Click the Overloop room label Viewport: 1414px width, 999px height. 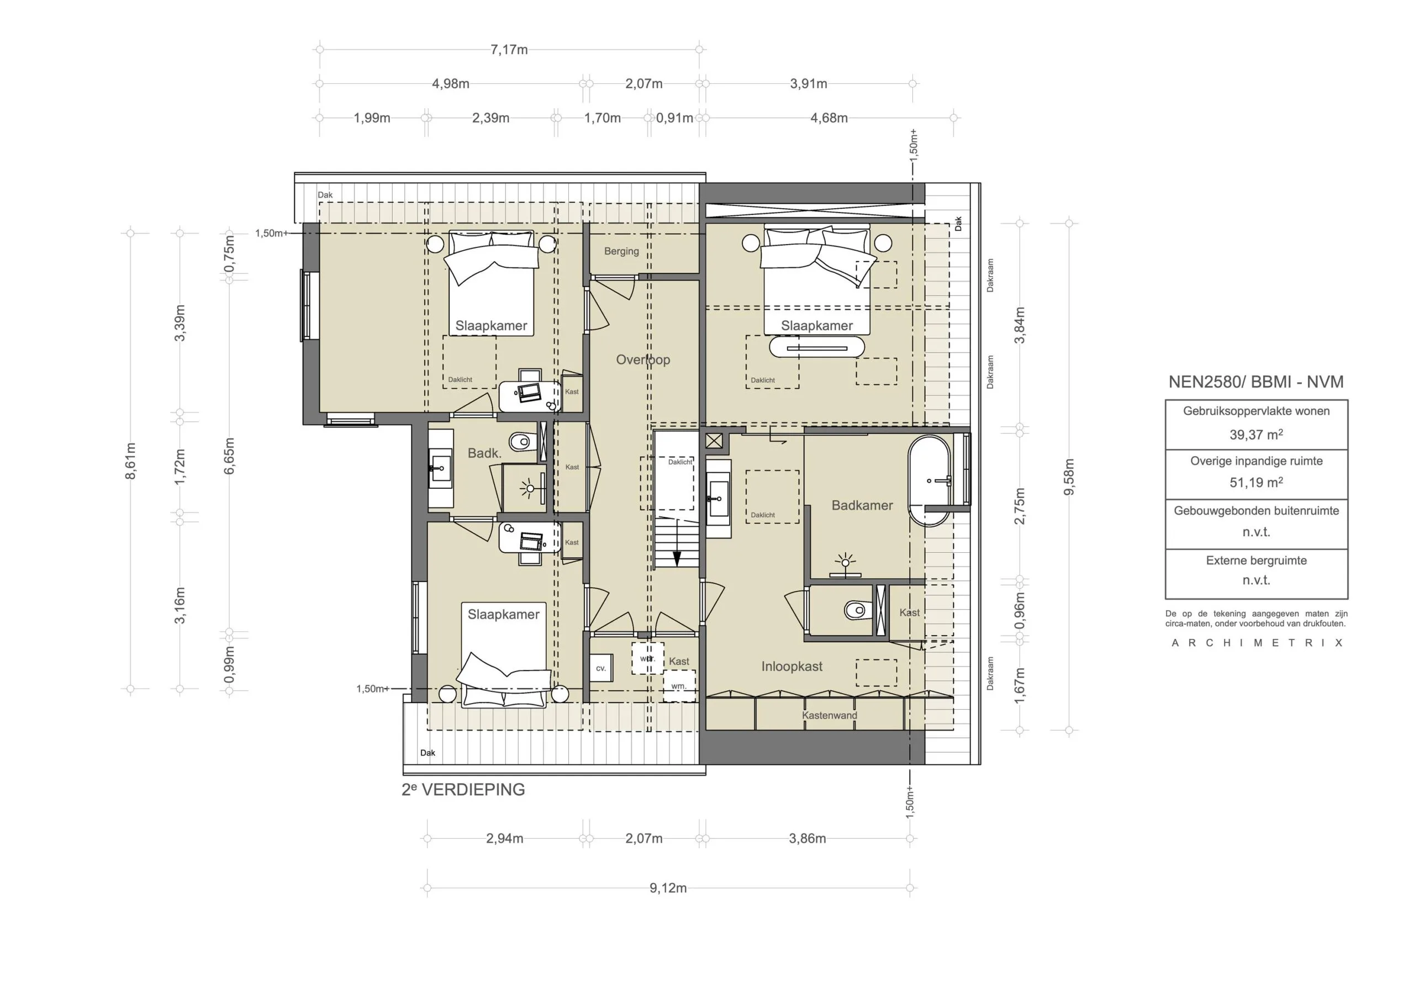click(643, 360)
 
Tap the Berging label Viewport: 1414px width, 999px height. click(621, 251)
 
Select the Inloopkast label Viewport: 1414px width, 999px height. click(792, 667)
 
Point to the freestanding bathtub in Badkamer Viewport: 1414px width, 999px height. click(930, 481)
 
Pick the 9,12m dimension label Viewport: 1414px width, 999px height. click(668, 888)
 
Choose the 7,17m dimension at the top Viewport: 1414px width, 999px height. click(509, 50)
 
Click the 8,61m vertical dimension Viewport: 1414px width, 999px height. click(130, 461)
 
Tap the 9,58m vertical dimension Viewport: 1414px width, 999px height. click(1069, 477)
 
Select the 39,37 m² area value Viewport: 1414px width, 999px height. click(1257, 435)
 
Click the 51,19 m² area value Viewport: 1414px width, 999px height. click(1257, 483)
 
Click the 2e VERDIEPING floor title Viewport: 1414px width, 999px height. click(463, 790)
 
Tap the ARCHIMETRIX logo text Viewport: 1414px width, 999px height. click(1257, 643)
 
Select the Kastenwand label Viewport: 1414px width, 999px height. click(830, 716)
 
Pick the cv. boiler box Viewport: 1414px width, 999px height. click(601, 668)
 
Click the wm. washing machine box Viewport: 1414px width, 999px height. click(679, 685)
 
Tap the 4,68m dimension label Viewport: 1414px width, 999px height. click(829, 118)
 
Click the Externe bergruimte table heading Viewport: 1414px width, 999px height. click(1257, 561)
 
